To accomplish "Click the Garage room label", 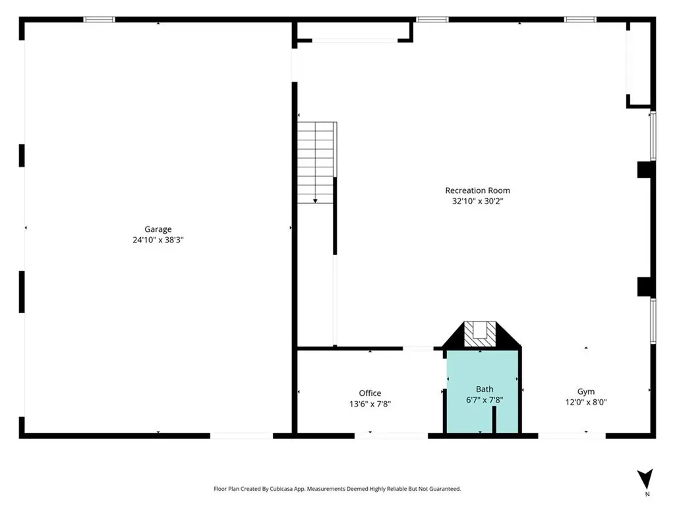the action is [158, 229].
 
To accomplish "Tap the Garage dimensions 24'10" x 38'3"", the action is [158, 240].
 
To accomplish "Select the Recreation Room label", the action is [477, 190].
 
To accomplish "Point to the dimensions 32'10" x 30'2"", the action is [477, 201].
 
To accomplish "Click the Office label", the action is [370, 393].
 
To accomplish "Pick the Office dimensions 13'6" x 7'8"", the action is [370, 404].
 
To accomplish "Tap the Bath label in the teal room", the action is [484, 389].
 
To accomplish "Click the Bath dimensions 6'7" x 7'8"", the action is [484, 400].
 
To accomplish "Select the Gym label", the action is [586, 391].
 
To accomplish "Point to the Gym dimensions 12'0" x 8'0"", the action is [586, 403].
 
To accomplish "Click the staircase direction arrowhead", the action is [315, 201].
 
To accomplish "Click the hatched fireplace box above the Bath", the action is [480, 334].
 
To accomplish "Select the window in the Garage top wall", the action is [99, 19].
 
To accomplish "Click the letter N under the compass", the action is [647, 494].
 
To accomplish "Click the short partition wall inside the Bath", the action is [494, 420].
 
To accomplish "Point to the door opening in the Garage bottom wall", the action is [241, 436].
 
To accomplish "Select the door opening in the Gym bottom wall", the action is [572, 436].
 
